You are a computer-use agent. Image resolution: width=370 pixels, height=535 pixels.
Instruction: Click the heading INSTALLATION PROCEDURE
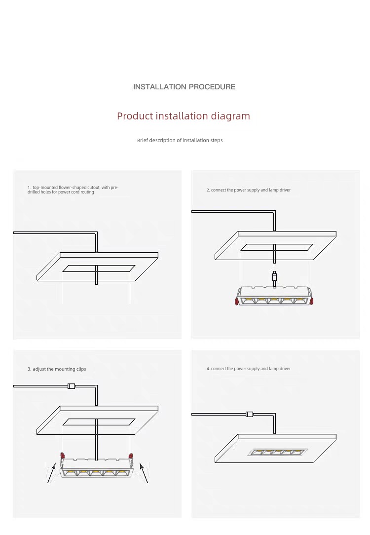click(184, 87)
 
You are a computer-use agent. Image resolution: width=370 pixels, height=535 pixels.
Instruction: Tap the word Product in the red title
click(135, 116)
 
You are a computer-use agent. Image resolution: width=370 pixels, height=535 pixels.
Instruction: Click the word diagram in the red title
click(230, 116)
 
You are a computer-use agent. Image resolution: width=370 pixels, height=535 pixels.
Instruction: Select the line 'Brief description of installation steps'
click(180, 140)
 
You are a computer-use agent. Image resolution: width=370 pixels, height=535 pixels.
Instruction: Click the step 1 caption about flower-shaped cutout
click(73, 190)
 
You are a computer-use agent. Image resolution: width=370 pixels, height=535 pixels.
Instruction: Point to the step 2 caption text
click(249, 190)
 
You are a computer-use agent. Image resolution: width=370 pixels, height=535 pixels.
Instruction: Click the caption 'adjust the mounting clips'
click(59, 369)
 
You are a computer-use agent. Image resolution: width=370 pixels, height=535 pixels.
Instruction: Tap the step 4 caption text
click(249, 369)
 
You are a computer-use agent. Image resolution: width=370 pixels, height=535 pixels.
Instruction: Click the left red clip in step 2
click(236, 301)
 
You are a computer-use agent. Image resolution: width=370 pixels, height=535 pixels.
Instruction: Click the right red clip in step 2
click(311, 301)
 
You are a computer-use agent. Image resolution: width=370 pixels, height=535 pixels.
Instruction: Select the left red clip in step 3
click(62, 456)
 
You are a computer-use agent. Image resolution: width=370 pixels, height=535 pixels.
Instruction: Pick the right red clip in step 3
click(131, 456)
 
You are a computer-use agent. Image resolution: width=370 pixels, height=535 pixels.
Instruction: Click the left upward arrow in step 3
click(51, 472)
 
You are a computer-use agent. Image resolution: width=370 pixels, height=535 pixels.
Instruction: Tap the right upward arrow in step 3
click(144, 472)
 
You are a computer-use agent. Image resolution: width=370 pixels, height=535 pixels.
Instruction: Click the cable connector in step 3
click(71, 386)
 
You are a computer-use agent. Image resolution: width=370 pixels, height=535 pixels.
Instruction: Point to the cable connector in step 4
click(249, 415)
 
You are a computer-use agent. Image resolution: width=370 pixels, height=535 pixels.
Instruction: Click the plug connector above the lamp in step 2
click(274, 276)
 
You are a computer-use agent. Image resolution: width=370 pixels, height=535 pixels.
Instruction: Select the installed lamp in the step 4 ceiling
click(278, 452)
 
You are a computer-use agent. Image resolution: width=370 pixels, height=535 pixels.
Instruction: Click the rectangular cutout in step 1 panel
click(99, 268)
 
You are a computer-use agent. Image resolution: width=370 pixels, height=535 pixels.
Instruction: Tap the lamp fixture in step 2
click(274, 296)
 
